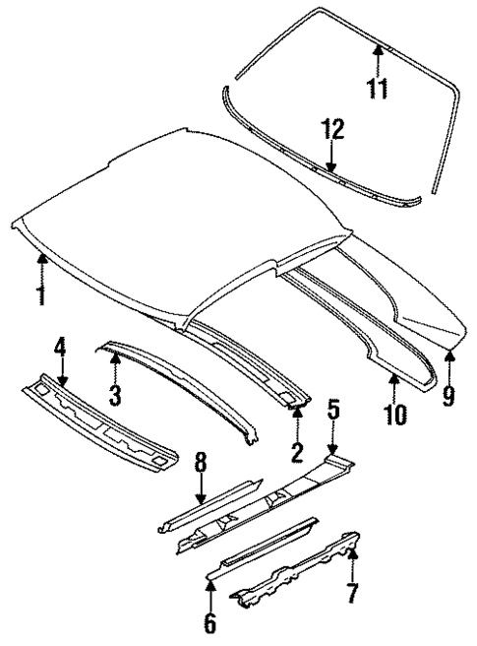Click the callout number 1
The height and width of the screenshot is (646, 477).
click(41, 292)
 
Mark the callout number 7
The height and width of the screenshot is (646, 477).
click(353, 595)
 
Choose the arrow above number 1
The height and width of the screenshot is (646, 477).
click(41, 264)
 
